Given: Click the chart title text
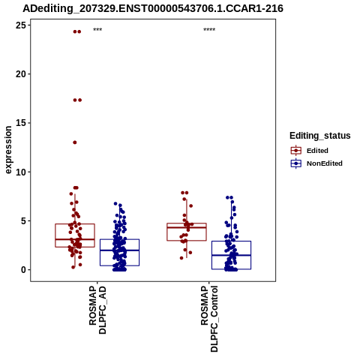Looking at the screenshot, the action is (x=153, y=9).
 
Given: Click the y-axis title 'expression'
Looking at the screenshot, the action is (x=8, y=150).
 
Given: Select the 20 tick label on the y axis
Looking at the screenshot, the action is (x=21, y=74).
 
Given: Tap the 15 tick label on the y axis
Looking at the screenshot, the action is (x=21, y=123).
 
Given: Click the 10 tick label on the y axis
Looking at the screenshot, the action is (x=21, y=172).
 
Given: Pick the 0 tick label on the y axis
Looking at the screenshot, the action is (x=24, y=270).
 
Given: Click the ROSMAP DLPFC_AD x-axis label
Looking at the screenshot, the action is (x=97, y=310).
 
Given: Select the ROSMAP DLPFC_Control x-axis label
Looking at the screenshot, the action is (x=209, y=319).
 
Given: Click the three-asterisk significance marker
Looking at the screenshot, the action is (x=97, y=30).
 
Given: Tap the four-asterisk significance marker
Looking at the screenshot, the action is (x=209, y=30).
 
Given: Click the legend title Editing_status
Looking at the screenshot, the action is (x=320, y=136).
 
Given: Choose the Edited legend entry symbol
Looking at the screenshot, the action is (x=296, y=151).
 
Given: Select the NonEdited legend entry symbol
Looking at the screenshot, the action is (x=296, y=163).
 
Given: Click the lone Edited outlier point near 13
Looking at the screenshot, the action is (x=75, y=142).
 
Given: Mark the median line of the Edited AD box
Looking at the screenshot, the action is (x=75, y=239).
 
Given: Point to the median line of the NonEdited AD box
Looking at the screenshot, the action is (x=119, y=250).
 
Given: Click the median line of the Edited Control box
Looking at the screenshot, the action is (x=187, y=227).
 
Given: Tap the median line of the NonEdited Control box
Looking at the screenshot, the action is (x=231, y=255).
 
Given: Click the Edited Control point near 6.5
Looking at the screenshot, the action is (x=190, y=205).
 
